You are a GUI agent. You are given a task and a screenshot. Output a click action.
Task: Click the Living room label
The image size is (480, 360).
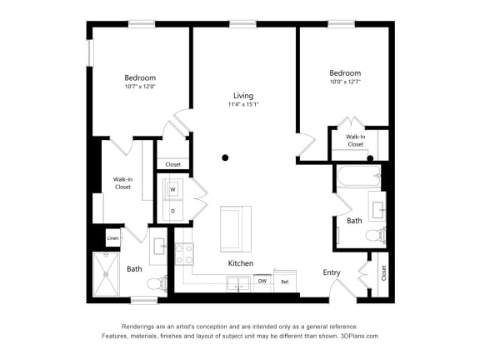click(x=242, y=96)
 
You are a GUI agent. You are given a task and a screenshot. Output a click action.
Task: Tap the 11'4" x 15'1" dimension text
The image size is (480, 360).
click(x=242, y=105)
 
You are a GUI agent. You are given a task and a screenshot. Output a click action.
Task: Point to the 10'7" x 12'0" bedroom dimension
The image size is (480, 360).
click(x=140, y=87)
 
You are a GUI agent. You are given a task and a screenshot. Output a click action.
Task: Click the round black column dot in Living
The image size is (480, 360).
click(x=225, y=157)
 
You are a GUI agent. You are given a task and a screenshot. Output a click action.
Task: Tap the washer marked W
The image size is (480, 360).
click(x=172, y=189)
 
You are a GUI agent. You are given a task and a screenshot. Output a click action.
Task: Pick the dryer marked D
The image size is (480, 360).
click(x=172, y=211)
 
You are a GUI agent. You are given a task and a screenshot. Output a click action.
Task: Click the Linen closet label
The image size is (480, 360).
click(x=112, y=239)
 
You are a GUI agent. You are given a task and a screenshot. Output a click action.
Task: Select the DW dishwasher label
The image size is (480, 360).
click(x=262, y=282)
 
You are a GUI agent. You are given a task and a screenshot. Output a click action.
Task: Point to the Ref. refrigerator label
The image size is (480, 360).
click(x=284, y=282)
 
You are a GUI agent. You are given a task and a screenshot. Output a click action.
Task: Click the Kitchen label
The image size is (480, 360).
click(x=241, y=263)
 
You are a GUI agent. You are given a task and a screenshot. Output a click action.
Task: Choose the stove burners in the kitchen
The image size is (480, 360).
click(x=184, y=253)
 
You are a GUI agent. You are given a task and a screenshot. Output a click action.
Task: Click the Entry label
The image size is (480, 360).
click(x=332, y=272)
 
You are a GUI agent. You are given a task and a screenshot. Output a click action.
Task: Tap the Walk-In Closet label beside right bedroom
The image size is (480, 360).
click(x=356, y=140)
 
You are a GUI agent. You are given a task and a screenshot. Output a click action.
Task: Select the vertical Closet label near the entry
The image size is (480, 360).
click(x=384, y=272)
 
